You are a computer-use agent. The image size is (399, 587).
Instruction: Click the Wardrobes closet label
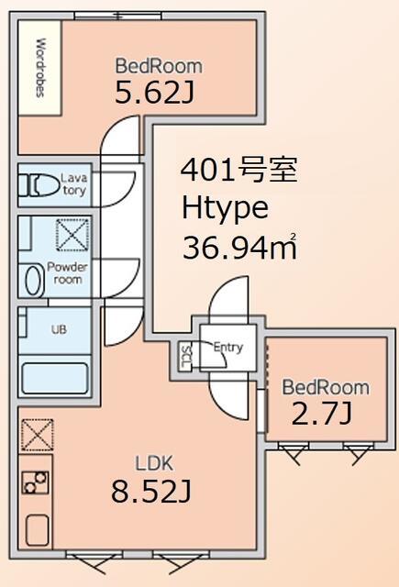point(40,67)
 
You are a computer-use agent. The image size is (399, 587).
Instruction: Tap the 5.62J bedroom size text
point(154,93)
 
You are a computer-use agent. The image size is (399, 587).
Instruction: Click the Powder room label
point(67,273)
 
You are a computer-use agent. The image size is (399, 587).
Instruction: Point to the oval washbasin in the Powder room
point(35,280)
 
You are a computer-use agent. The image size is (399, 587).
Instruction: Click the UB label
point(59,329)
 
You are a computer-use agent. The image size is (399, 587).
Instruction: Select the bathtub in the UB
point(55,378)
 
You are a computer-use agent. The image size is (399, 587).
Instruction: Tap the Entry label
point(228,348)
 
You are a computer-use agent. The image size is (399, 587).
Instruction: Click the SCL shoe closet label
point(185,356)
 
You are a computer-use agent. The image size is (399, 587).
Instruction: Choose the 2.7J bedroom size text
point(322,415)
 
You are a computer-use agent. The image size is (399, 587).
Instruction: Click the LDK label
point(154,463)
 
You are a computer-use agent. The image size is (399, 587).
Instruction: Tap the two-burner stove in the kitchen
point(35,482)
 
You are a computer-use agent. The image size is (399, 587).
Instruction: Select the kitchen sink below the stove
point(37,531)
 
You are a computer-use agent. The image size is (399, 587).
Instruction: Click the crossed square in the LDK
point(37,435)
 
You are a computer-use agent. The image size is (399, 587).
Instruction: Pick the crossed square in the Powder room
point(72,235)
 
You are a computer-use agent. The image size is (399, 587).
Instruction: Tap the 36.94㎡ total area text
point(239,247)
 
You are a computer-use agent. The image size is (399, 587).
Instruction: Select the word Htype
point(225,209)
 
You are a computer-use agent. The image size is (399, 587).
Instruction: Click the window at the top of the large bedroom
point(118,16)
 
